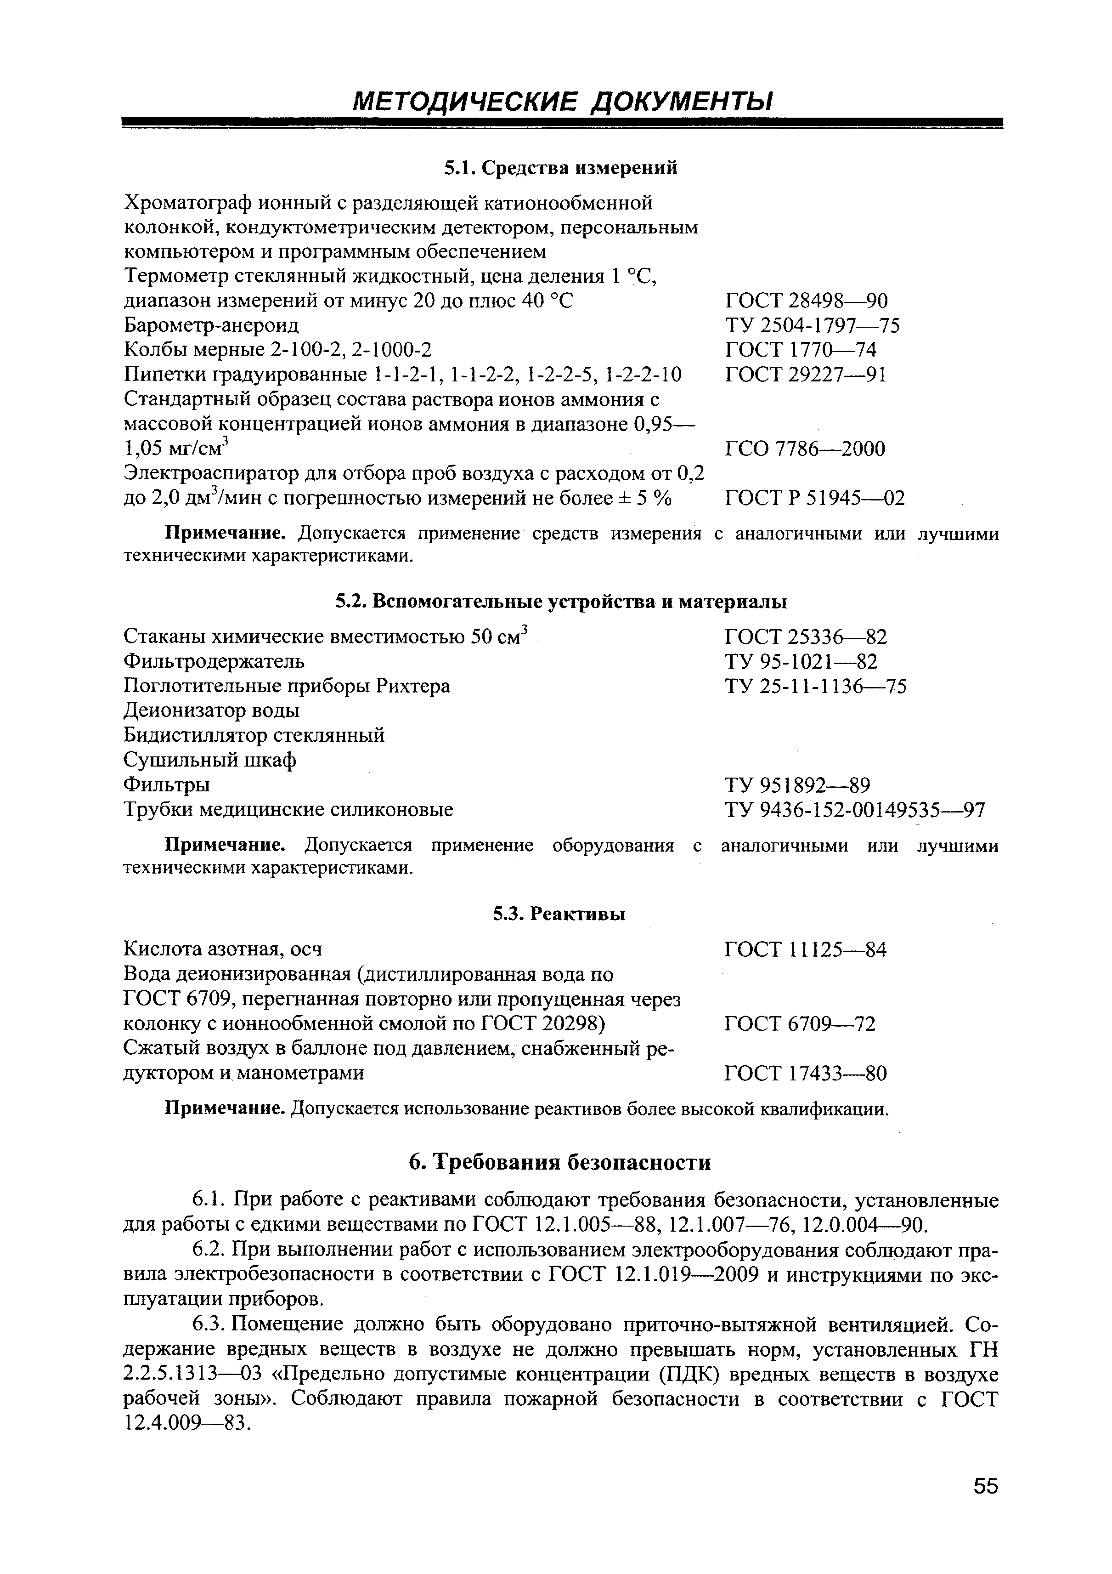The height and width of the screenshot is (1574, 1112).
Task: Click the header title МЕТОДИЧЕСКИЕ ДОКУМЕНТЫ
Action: [561, 102]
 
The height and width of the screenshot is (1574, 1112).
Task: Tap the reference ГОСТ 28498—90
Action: [806, 301]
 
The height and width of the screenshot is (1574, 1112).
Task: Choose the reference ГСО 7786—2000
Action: [804, 449]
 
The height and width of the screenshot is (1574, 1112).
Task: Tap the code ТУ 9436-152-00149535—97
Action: [854, 810]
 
